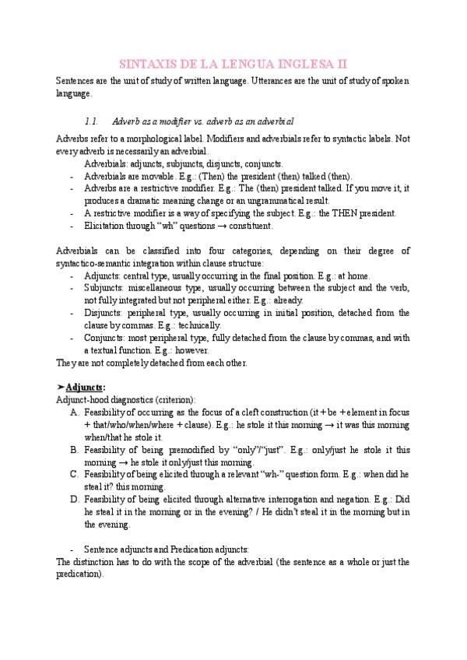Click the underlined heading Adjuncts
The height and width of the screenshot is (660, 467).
pos(86,387)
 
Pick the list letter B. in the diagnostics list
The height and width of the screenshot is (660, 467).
pos(74,450)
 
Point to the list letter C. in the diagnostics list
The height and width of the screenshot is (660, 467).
pos(74,474)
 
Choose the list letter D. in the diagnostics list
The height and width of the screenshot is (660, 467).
pos(74,499)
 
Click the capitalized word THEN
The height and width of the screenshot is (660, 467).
pos(342,213)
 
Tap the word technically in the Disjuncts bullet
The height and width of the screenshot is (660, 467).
pos(199,325)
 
